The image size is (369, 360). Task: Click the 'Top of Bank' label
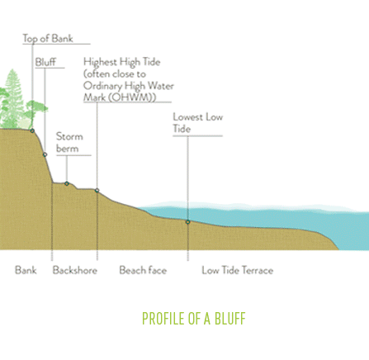click(x=48, y=39)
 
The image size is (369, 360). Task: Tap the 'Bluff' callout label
click(x=45, y=62)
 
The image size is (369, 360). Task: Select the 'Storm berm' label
click(x=69, y=143)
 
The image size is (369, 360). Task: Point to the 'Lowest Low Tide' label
click(x=198, y=123)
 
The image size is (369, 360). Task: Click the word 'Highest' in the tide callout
click(x=100, y=62)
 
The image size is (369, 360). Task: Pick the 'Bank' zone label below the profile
click(x=26, y=270)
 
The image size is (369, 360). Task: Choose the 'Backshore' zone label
click(x=75, y=270)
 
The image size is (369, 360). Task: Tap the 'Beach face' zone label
click(x=143, y=270)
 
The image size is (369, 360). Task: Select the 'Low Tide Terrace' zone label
click(x=238, y=270)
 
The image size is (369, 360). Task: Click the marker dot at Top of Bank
click(x=32, y=130)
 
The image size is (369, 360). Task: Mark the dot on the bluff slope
click(x=45, y=154)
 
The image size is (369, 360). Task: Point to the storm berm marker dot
click(x=67, y=183)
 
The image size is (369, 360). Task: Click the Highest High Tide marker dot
click(x=97, y=191)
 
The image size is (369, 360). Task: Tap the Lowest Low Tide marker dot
click(x=188, y=222)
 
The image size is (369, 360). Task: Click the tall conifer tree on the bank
click(x=12, y=99)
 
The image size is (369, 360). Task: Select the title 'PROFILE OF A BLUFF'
click(x=193, y=319)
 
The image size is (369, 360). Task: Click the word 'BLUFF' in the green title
click(x=229, y=319)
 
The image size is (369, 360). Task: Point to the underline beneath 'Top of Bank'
click(x=56, y=44)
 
